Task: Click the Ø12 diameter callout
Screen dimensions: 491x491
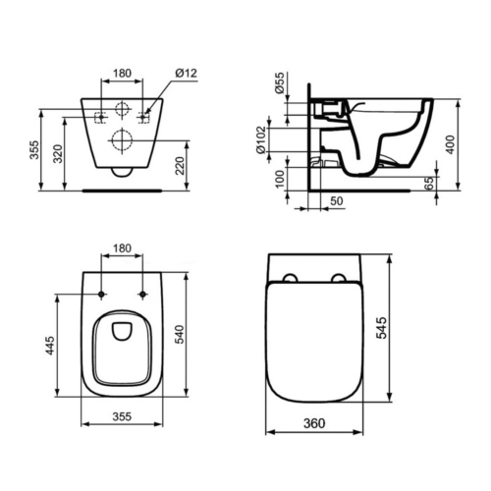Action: pyautogui.click(x=187, y=73)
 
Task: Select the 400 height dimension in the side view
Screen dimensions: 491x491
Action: pyautogui.click(x=451, y=144)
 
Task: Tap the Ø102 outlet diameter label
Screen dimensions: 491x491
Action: pyautogui.click(x=261, y=140)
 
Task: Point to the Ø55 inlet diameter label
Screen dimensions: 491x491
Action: pyautogui.click(x=280, y=83)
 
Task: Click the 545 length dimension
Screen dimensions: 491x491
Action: pyautogui.click(x=381, y=328)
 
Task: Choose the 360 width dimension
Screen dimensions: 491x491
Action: pyautogui.click(x=314, y=423)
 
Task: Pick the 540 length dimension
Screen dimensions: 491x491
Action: pyautogui.click(x=180, y=334)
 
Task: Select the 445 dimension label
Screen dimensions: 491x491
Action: pyautogui.click(x=50, y=345)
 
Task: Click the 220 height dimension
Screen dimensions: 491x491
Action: pyautogui.click(x=180, y=166)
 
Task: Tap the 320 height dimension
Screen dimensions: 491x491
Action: pyautogui.click(x=58, y=154)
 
